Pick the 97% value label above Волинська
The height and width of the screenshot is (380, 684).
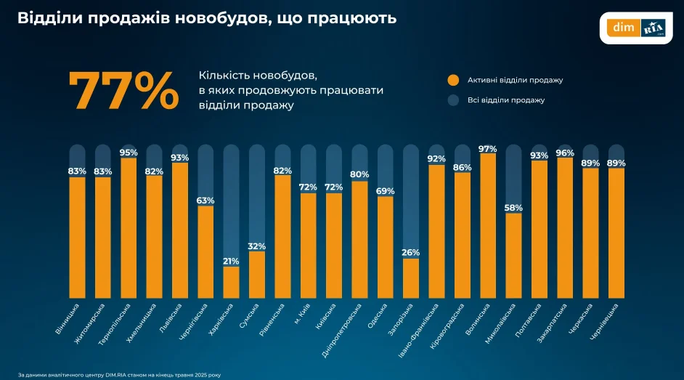(488, 149)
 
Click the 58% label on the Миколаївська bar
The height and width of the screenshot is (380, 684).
(513, 208)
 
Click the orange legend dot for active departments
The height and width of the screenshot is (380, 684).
(454, 80)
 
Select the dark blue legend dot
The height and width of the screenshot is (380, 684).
(454, 100)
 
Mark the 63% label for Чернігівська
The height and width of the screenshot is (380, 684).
(205, 201)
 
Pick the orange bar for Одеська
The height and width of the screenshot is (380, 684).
(385, 247)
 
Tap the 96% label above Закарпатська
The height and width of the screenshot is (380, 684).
(565, 153)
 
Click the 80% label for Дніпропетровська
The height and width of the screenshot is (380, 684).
(359, 174)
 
